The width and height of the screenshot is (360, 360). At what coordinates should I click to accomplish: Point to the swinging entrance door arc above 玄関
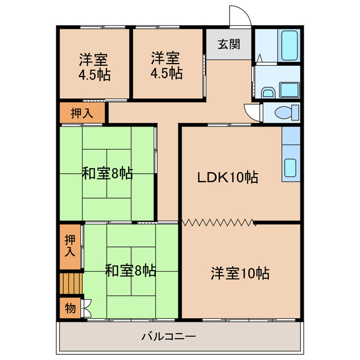pos(238,15)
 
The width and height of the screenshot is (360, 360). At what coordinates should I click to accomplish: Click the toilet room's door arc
pos(253,112)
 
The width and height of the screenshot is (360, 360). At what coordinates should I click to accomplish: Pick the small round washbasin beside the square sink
pos(268,92)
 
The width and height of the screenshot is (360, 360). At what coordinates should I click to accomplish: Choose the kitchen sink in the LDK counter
pos(291,167)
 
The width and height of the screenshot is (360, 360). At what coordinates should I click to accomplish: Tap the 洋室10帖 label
pos(240,274)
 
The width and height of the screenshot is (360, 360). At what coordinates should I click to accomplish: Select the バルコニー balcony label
pos(169,337)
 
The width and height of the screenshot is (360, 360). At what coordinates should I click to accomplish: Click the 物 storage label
pos(70,308)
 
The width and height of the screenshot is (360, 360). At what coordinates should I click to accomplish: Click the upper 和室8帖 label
pos(107,173)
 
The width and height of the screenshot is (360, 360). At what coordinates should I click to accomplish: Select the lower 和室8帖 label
pos(130,271)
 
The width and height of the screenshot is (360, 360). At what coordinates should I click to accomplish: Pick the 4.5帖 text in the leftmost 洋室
pos(94,74)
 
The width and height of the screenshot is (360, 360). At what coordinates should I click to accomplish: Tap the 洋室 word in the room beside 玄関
pos(165,57)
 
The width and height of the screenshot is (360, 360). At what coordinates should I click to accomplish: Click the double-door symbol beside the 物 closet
pos(86,308)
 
